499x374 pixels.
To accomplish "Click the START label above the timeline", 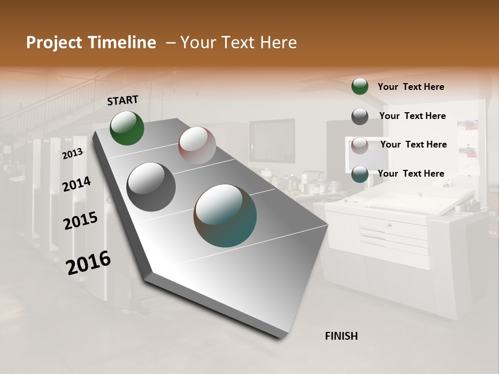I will (x=123, y=100).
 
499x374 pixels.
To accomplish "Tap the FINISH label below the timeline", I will (x=341, y=336).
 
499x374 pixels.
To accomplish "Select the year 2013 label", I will (x=73, y=153).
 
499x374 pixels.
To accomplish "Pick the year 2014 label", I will (x=76, y=184).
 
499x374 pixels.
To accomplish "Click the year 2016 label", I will (x=88, y=262).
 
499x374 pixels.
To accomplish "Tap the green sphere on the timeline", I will (x=127, y=128).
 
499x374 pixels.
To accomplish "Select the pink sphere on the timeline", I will (x=197, y=145).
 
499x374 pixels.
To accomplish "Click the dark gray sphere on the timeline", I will (x=151, y=186).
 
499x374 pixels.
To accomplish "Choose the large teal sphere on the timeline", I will (x=225, y=216).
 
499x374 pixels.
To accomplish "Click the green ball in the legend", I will (x=360, y=86).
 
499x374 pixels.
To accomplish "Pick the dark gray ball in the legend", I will (x=360, y=116).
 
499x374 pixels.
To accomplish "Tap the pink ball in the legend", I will (x=360, y=145).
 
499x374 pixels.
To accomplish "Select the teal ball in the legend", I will (x=360, y=174).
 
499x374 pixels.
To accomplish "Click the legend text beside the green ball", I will (x=411, y=87).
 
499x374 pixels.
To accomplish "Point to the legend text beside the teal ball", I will (x=411, y=173).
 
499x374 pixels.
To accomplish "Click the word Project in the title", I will (x=54, y=43).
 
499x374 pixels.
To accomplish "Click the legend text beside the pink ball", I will (x=413, y=144).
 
